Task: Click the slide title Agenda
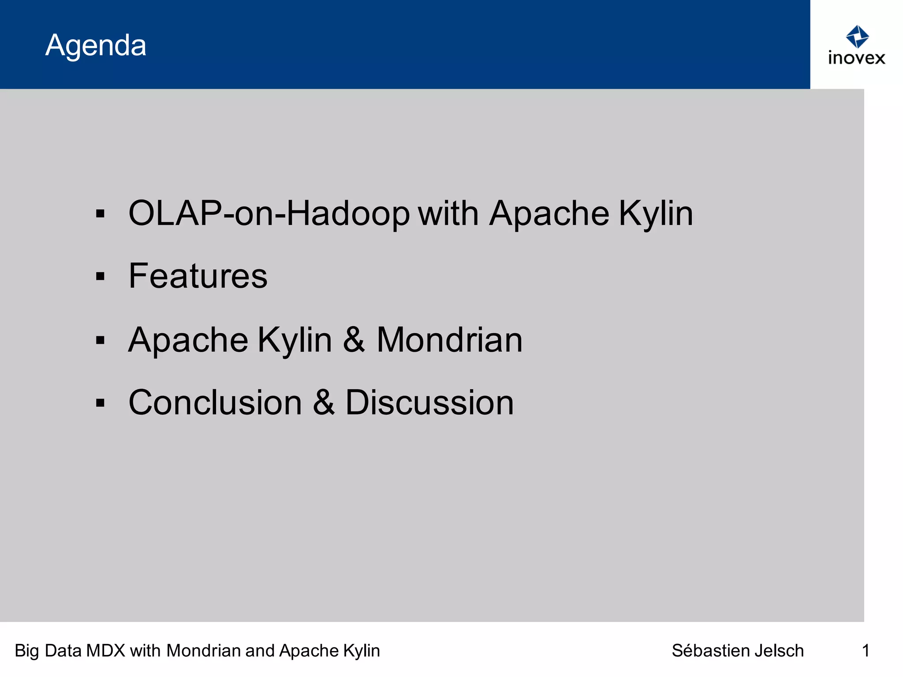pyautogui.click(x=96, y=45)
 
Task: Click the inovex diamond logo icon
pyautogui.click(x=857, y=37)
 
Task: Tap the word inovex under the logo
pyautogui.click(x=856, y=58)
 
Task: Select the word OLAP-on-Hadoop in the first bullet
pyautogui.click(x=269, y=214)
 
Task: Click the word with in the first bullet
pyautogui.click(x=448, y=214)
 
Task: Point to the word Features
pyautogui.click(x=198, y=276)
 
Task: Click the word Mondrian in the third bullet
pyautogui.click(x=449, y=340)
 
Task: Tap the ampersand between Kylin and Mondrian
pyautogui.click(x=354, y=340)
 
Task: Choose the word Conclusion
pyautogui.click(x=215, y=402)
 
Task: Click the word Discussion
pyautogui.click(x=429, y=402)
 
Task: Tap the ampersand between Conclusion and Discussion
pyautogui.click(x=324, y=402)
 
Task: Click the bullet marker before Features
pyautogui.click(x=101, y=277)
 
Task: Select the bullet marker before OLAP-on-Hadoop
pyautogui.click(x=101, y=214)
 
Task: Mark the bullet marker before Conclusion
pyautogui.click(x=101, y=403)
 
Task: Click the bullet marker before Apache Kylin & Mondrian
pyautogui.click(x=101, y=340)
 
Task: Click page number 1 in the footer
pyautogui.click(x=866, y=651)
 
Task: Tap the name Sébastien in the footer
pyautogui.click(x=711, y=651)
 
